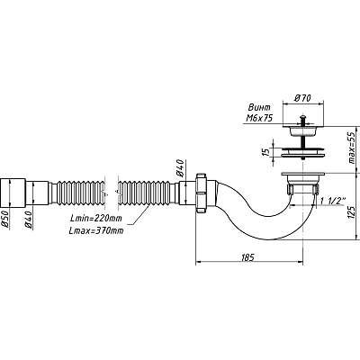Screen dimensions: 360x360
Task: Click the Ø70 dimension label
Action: [302, 98]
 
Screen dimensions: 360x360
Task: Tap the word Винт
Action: [259, 107]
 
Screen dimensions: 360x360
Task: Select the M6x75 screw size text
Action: [259, 118]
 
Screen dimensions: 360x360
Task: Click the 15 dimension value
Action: [265, 152]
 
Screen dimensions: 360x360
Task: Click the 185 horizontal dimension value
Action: [247, 256]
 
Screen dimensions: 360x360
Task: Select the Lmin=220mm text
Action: [96, 219]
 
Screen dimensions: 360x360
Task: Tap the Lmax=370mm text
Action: [96, 230]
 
